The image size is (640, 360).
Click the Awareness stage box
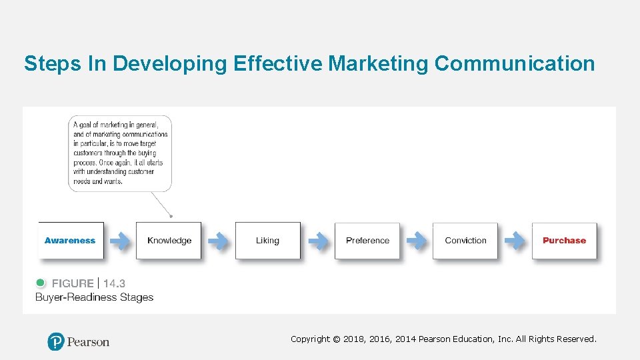point(71,241)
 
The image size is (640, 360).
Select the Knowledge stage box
point(169,241)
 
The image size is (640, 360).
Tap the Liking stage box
point(267,241)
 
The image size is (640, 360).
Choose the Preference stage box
point(367,241)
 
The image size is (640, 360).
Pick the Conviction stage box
point(465,241)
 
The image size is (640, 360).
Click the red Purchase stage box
point(564,241)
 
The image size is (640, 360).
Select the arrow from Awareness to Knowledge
point(120,241)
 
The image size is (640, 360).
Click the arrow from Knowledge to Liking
point(218,241)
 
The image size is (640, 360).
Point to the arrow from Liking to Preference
point(317,241)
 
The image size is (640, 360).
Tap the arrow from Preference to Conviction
point(416,241)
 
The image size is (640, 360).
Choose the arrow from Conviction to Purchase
point(515,241)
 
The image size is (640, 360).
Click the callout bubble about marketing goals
point(120,153)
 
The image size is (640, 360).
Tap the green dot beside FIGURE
point(41,283)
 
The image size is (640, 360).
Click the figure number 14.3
point(114,283)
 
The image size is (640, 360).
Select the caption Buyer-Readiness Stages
point(94,297)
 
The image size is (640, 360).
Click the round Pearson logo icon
point(56,341)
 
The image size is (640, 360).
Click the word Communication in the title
point(514,63)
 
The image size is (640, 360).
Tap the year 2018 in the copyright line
point(355,339)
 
